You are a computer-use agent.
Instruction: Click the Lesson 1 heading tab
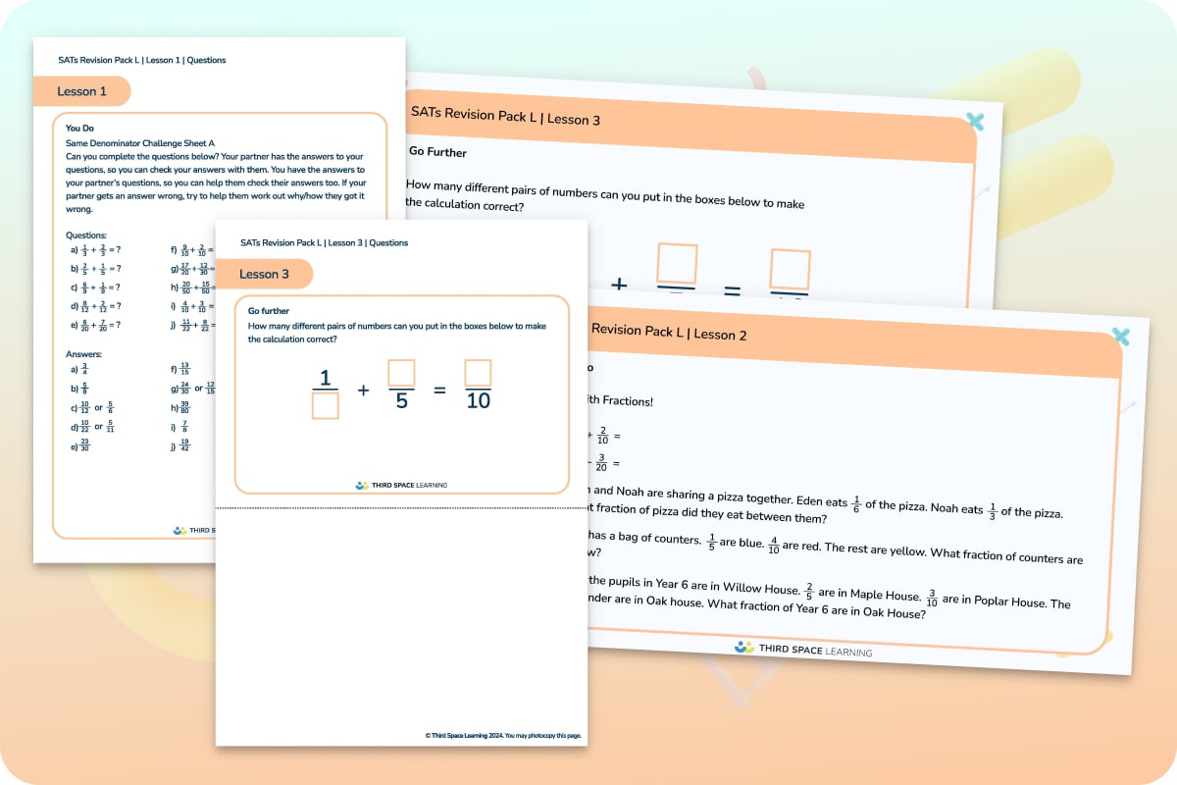click(x=82, y=91)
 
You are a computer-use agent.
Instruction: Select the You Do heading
click(x=79, y=128)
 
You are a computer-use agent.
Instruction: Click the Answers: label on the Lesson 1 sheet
click(x=83, y=354)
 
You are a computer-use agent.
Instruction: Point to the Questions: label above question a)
click(x=87, y=235)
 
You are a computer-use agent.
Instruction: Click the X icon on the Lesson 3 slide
click(x=974, y=122)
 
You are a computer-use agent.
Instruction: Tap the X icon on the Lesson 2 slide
click(x=1121, y=337)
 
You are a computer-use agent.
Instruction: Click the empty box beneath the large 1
click(x=325, y=405)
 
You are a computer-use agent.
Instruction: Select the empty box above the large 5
click(x=401, y=373)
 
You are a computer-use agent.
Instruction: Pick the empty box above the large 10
click(x=478, y=373)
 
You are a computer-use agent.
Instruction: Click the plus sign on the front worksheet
click(x=363, y=390)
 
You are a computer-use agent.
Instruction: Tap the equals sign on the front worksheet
click(x=439, y=390)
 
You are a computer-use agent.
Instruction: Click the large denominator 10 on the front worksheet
click(x=478, y=401)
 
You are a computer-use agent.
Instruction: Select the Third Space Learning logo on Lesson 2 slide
click(x=802, y=649)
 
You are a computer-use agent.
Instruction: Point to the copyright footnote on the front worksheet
click(x=508, y=735)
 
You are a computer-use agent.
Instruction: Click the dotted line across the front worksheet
click(x=401, y=508)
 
